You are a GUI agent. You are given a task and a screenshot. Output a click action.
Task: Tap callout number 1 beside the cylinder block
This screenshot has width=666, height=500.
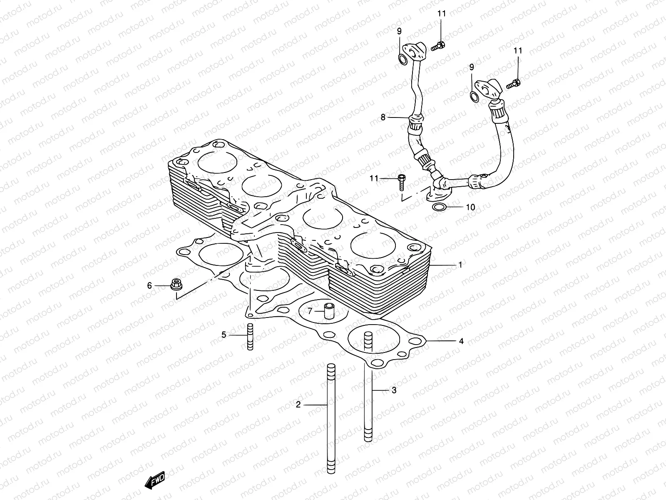460,265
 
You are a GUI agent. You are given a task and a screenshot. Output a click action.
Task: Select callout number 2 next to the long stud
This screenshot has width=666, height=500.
298,404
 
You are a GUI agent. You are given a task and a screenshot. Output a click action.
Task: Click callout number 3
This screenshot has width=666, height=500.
393,390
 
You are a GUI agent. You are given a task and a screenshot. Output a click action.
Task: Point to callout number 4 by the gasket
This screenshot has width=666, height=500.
461,341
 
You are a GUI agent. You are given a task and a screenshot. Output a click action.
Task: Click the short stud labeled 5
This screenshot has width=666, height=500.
250,337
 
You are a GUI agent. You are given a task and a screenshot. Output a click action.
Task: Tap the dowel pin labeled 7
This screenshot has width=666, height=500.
330,312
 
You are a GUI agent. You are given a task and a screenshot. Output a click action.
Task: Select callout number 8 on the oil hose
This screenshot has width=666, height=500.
383,117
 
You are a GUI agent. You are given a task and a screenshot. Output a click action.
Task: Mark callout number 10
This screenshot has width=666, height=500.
470,207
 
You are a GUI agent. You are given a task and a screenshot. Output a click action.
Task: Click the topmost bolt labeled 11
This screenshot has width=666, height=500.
437,46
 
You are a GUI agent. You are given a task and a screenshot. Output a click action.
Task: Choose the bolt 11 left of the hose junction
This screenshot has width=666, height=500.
402,180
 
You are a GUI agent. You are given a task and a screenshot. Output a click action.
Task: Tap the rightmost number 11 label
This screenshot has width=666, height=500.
517,51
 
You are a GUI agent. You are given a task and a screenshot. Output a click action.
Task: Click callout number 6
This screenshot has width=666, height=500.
149,285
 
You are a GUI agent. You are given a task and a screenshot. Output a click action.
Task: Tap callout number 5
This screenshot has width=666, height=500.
224,335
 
